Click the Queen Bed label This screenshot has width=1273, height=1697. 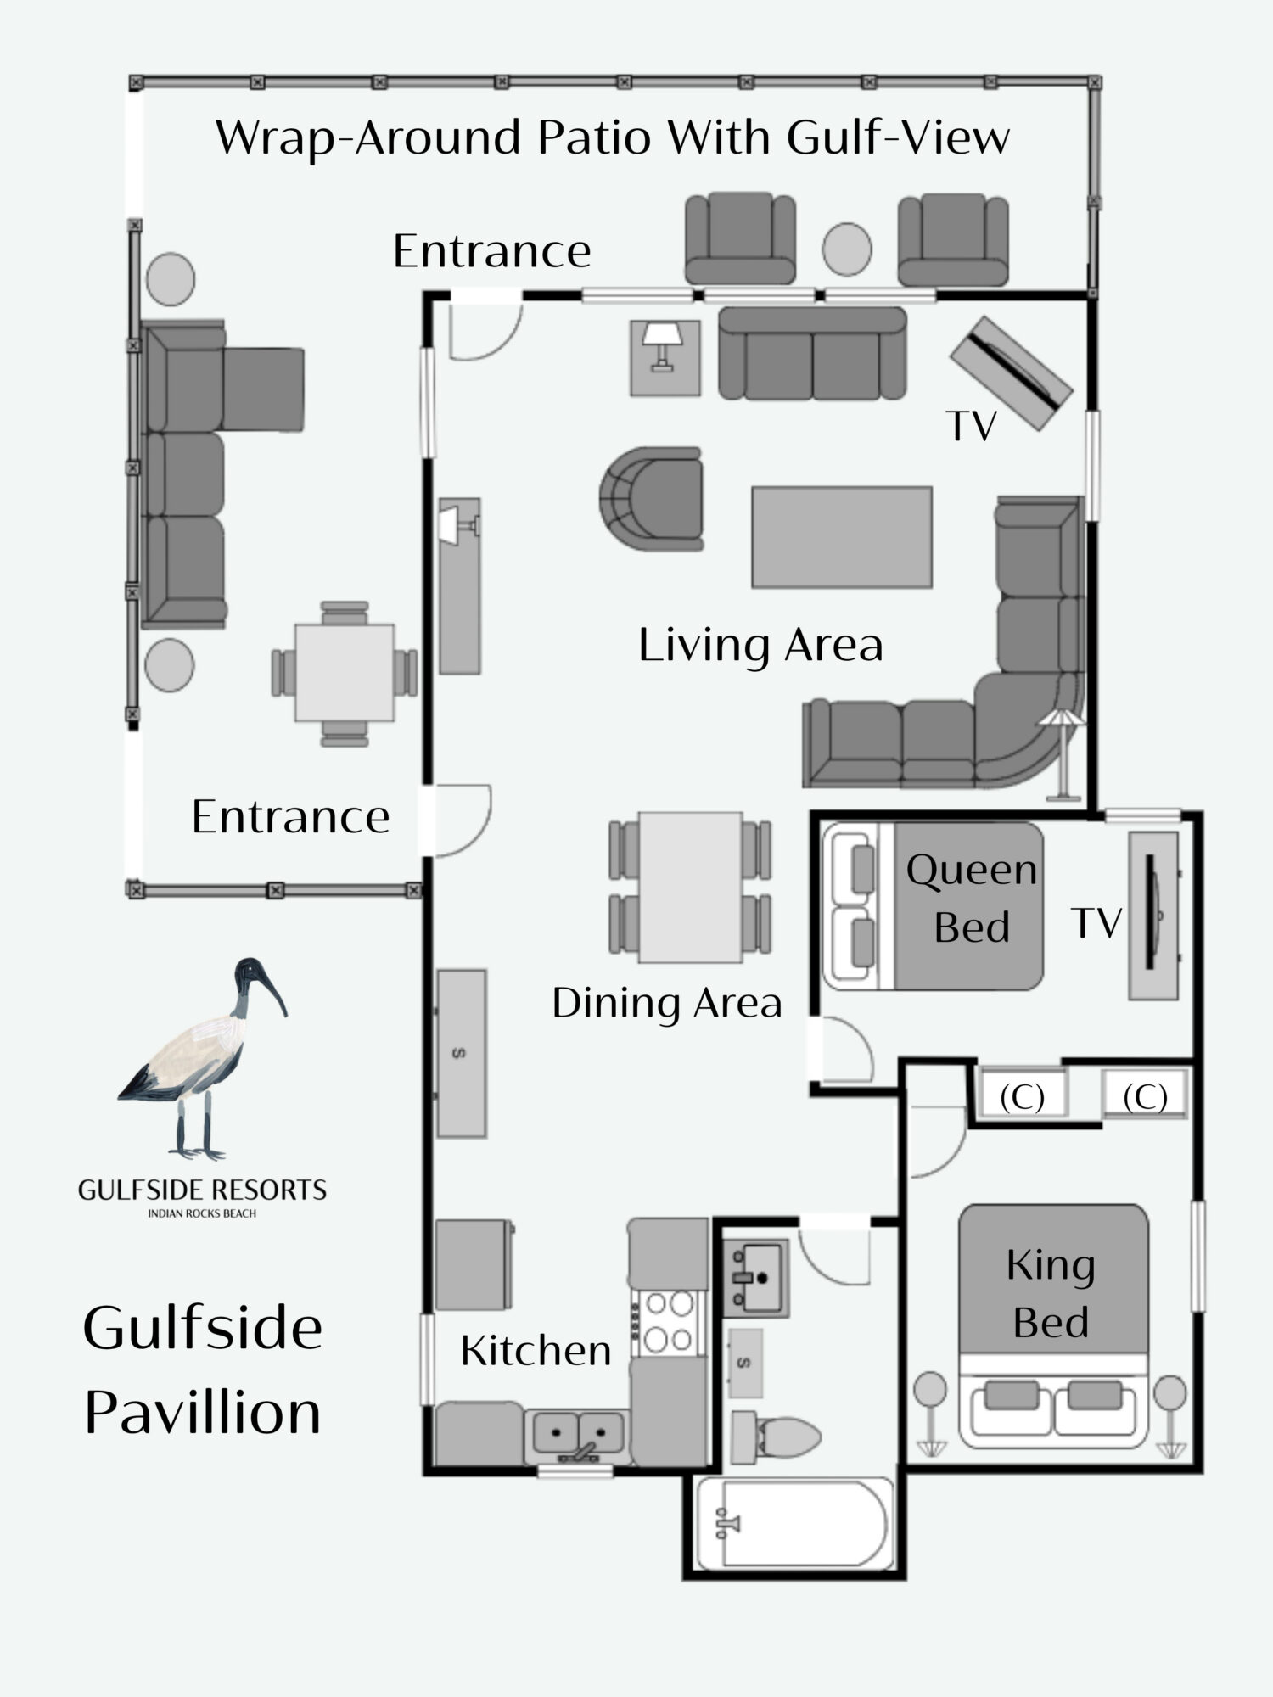coord(972,899)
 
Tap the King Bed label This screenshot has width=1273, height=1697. coord(1051,1294)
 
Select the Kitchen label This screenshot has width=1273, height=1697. coord(536,1350)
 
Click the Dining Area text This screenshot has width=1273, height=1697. coord(666,1002)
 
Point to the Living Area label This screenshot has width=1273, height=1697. coord(760,644)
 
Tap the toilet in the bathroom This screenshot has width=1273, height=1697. coord(776,1437)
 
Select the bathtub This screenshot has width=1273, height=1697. coord(794,1525)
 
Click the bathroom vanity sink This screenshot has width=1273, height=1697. coord(755,1275)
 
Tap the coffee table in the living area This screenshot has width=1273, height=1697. coord(842,537)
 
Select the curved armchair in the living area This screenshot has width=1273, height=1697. coord(651,499)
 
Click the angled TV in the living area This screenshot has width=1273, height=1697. coord(1011,373)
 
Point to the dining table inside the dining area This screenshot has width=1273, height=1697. coord(691,887)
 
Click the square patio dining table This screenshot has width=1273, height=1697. coord(345,673)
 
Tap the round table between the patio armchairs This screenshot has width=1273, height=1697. coord(847,249)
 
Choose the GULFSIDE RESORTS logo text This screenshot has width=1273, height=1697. coord(202,1190)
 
